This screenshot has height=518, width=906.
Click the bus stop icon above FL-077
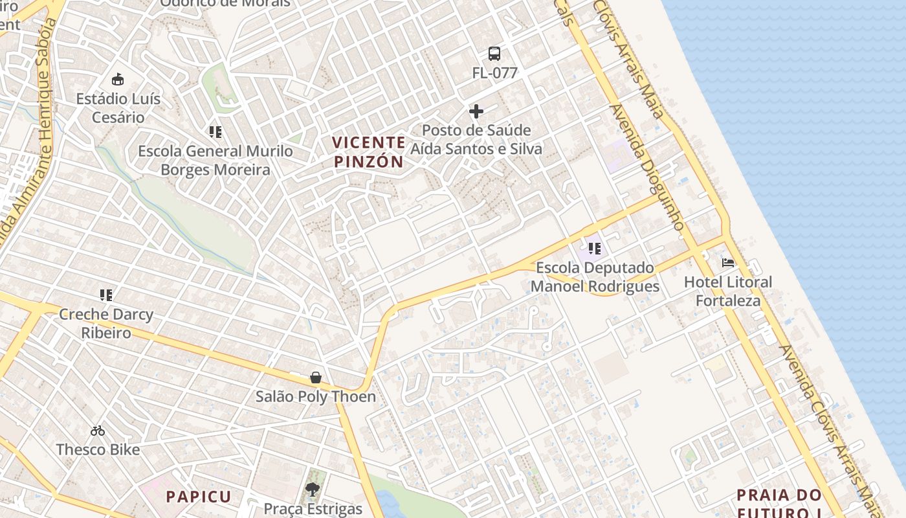(494, 54)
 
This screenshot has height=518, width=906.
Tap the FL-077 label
(494, 73)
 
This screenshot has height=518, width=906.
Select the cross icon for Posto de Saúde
(476, 111)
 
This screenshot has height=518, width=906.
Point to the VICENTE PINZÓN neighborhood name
(369, 152)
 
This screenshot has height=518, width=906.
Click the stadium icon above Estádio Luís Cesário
(117, 80)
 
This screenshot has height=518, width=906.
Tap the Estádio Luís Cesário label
(118, 108)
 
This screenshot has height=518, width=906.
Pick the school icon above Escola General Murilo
(215, 132)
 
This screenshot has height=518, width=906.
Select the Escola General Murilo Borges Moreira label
(215, 161)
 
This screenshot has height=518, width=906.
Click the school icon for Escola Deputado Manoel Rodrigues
(595, 248)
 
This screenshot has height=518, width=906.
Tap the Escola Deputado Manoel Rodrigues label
(595, 276)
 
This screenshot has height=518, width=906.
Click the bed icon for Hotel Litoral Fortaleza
(728, 263)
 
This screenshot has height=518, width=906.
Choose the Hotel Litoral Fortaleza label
(728, 291)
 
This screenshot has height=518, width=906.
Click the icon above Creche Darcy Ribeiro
(106, 295)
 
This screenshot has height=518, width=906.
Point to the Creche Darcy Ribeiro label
(106, 324)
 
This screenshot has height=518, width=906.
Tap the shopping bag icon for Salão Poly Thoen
(316, 377)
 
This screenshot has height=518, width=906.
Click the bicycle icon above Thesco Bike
(98, 431)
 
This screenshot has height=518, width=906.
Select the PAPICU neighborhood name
(199, 497)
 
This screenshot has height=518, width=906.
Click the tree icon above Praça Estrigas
(313, 490)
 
